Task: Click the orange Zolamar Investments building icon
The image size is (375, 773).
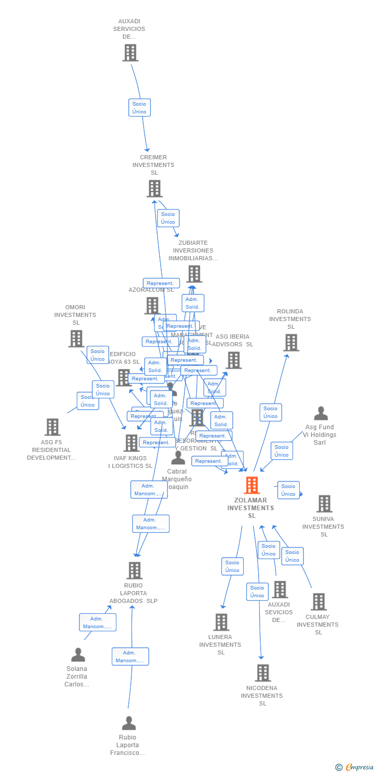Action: coord(251,485)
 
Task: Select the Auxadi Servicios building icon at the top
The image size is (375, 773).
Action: coord(130,53)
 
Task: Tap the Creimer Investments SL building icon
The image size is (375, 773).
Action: coord(154,189)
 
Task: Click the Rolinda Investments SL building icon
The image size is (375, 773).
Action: coord(291,343)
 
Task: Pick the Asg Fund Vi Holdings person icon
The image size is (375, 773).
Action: coord(321,413)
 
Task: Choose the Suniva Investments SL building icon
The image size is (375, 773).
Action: coord(324,503)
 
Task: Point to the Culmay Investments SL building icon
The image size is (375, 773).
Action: coord(318,601)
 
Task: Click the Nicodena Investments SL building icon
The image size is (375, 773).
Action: coord(263,673)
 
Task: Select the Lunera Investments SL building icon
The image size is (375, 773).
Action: coord(221,622)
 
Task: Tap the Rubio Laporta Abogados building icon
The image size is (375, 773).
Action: coord(134,570)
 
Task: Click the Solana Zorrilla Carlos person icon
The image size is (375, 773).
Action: coord(78,655)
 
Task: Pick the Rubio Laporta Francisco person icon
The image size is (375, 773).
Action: coord(129,723)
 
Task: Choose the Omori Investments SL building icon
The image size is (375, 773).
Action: coord(76,339)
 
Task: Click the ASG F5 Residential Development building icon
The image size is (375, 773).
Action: coord(52,427)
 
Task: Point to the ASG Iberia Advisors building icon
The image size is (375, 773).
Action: coord(233,360)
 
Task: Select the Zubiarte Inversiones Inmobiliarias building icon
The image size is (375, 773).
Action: coord(194,274)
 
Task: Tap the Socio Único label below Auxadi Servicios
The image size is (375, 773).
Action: coord(139,108)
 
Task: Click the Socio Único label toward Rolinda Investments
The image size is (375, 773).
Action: coord(270,412)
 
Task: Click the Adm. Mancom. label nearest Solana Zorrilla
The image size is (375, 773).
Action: coord(97,623)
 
